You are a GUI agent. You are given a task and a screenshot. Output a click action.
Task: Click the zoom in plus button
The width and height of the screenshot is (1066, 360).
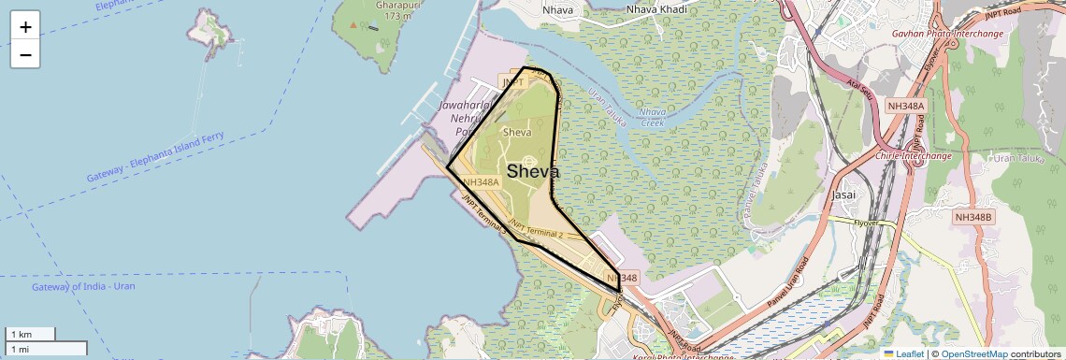point(25,27)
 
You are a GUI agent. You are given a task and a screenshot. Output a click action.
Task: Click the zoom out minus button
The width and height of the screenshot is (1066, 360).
point(25,55)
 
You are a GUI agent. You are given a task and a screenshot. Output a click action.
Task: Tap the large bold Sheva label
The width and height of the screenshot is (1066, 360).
point(533,172)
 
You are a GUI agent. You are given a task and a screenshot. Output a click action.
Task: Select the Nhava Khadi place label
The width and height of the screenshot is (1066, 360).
point(656,9)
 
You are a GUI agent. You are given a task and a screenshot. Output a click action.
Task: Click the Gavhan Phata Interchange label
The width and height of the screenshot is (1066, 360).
point(947,34)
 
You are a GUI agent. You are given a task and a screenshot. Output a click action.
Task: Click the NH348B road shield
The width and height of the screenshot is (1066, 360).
point(973,217)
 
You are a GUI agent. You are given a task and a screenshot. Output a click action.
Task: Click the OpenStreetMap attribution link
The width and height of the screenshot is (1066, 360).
point(974,353)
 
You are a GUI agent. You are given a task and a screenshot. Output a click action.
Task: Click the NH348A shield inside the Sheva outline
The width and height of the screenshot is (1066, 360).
point(481,182)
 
